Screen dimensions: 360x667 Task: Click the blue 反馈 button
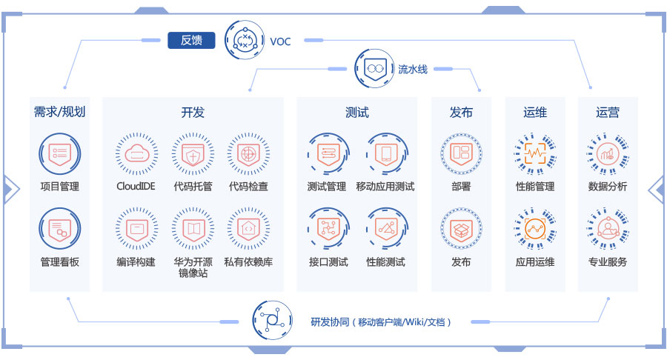pyautogui.click(x=191, y=40)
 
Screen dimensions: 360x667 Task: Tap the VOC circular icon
pyautogui.click(x=245, y=40)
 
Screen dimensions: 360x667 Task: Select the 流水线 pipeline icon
pyautogui.click(x=374, y=69)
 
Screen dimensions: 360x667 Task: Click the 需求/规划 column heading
pyautogui.click(x=60, y=113)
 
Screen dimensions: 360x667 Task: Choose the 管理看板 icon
pyautogui.click(x=59, y=229)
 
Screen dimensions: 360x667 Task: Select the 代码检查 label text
pyautogui.click(x=248, y=187)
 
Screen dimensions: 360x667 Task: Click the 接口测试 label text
pyautogui.click(x=328, y=262)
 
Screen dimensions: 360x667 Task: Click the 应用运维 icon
pyautogui.click(x=535, y=229)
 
